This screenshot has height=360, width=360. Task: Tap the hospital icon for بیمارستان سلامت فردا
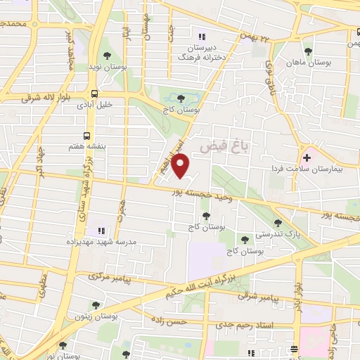(x=307, y=157)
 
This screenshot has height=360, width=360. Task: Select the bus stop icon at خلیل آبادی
(x=94, y=93)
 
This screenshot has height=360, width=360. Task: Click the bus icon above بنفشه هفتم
(x=87, y=135)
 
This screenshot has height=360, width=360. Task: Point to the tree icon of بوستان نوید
(x=107, y=55)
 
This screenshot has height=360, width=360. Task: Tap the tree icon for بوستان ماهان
(x=308, y=51)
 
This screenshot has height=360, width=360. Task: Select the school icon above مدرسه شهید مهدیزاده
(x=101, y=230)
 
